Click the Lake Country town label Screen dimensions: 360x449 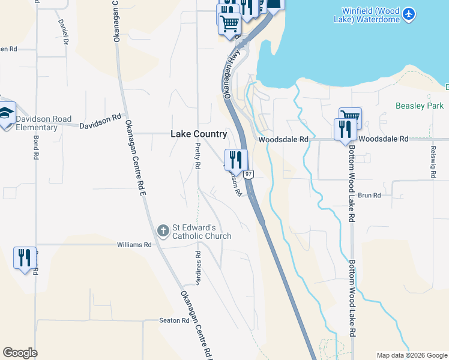pos(199,134)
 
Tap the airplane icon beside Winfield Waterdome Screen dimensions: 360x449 pos(409,14)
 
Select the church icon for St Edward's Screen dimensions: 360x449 pos(163,231)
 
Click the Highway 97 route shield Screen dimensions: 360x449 pos(250,174)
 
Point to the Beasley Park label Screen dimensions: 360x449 pos(420,106)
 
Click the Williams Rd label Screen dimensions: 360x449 pos(134,245)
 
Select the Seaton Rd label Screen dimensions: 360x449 pos(174,320)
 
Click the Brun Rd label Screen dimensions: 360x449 pos(369,196)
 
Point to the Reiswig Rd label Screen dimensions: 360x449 pos(432,162)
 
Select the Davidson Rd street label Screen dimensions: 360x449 pos(101,121)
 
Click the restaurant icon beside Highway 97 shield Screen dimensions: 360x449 pos(234,160)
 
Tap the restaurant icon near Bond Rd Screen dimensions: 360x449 pos(25,257)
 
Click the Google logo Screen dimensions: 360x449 pos(20,353)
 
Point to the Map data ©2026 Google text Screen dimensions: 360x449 pos(411,355)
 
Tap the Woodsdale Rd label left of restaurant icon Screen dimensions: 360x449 pos(283,139)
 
